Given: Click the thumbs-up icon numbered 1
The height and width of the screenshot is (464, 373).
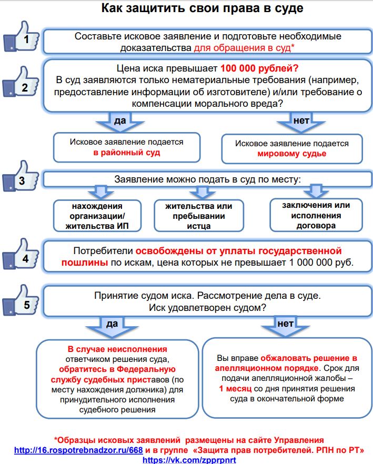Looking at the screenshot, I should click(21, 37).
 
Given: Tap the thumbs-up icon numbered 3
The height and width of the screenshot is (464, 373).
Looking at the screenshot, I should click(21, 179).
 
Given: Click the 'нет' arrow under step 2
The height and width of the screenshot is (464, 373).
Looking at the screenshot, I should click(300, 123).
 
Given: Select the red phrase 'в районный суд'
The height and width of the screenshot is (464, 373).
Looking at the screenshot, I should click(126, 153).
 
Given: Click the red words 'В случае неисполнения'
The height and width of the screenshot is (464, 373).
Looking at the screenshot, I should click(117, 349).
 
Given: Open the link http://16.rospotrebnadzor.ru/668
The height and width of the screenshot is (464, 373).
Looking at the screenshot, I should click(78, 450).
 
